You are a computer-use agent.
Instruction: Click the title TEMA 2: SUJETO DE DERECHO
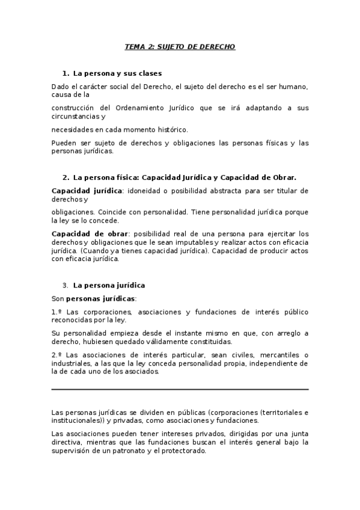pyautogui.click(x=180, y=46)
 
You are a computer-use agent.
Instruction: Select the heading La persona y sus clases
pyautogui.click(x=117, y=73)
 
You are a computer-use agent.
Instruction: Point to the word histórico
pyautogui.click(x=171, y=129)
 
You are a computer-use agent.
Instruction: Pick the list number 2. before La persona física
pyautogui.click(x=66, y=177)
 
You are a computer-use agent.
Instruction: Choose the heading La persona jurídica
pyautogui.click(x=109, y=285)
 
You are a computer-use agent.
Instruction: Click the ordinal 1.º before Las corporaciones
pyautogui.click(x=57, y=312)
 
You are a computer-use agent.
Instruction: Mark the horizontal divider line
pyautogui.click(x=180, y=390)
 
